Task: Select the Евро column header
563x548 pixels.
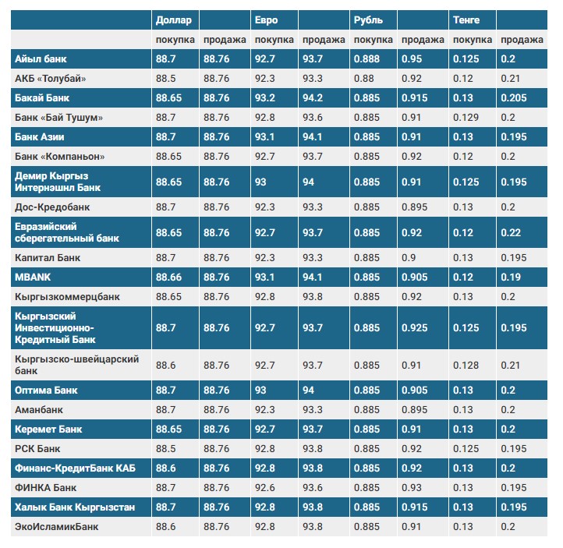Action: pos(265,19)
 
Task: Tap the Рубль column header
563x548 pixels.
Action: pos(367,19)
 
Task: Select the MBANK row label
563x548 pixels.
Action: pos(33,277)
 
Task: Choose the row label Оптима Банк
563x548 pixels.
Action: pos(46,390)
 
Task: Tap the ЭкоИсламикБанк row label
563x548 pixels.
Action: pos(56,527)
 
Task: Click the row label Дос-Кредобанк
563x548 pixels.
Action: pos(52,207)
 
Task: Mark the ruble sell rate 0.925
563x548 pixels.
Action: pos(414,328)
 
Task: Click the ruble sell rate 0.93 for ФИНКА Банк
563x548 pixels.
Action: pos(411,488)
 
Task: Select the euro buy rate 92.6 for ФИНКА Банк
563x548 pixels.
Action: pos(265,488)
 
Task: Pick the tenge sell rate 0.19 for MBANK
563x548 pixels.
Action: pos(508,277)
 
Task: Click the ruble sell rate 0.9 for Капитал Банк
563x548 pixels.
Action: pos(408,257)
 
